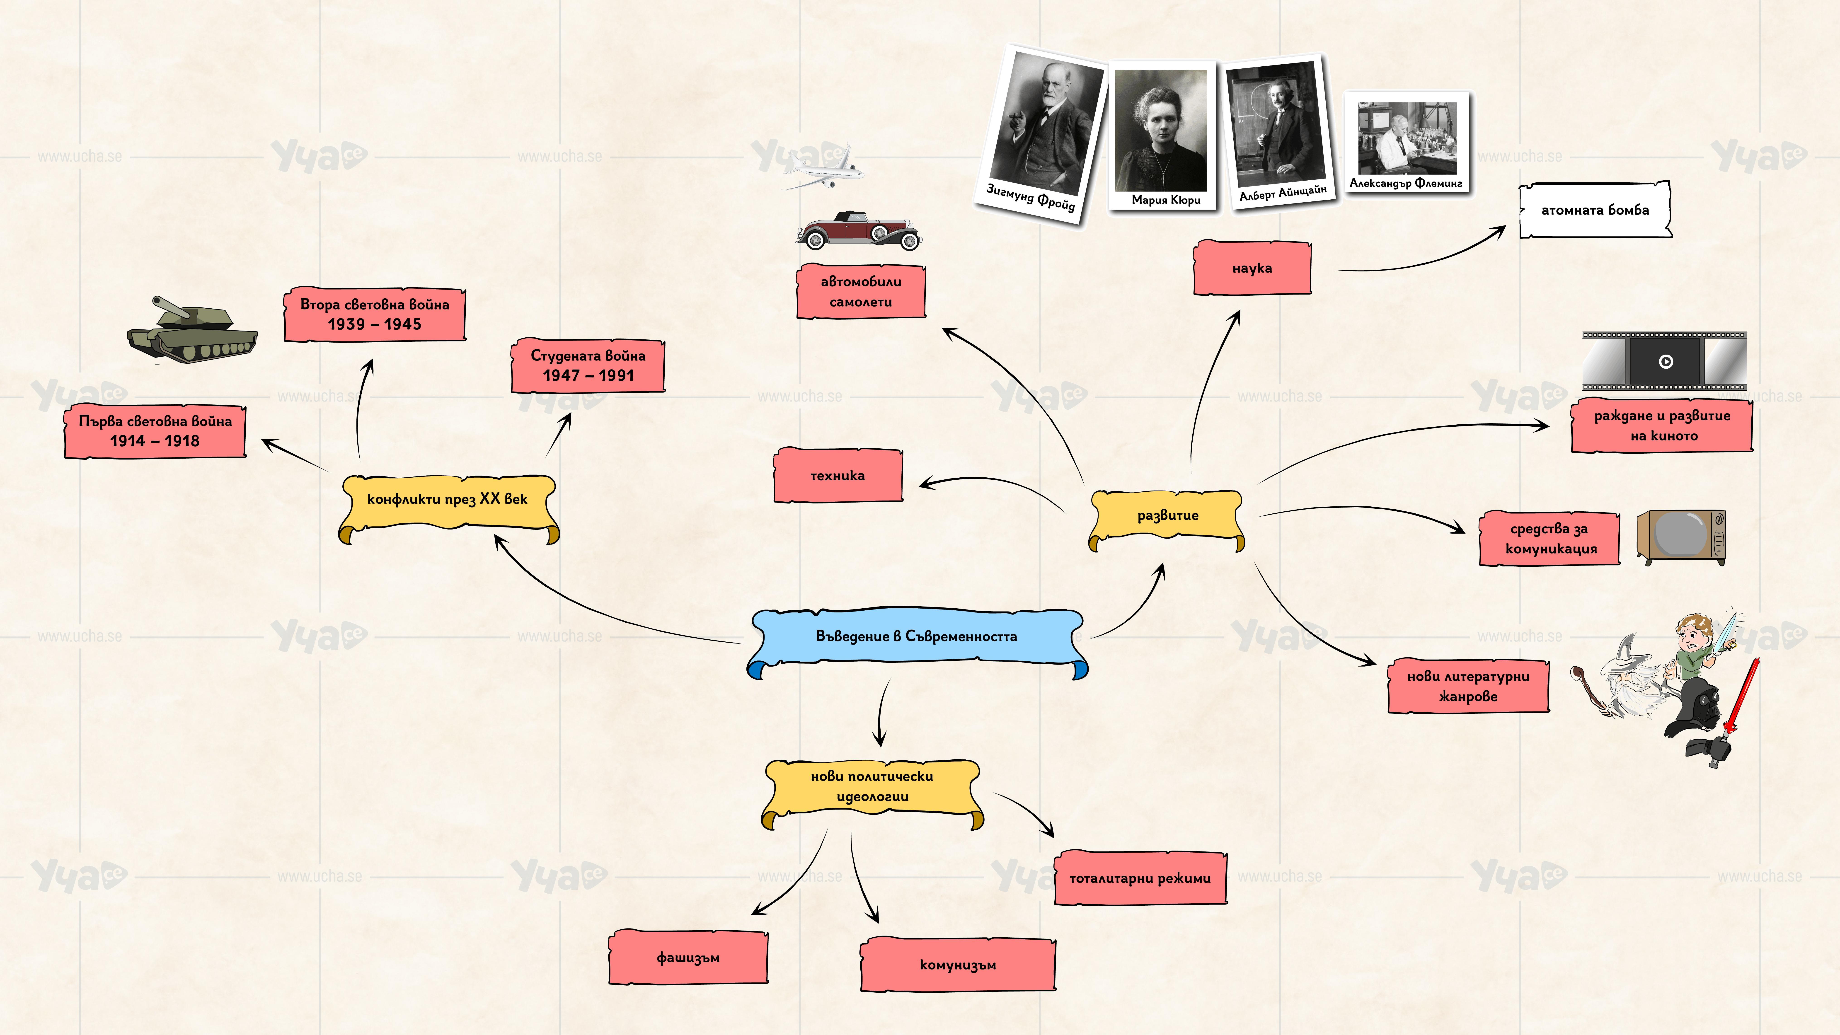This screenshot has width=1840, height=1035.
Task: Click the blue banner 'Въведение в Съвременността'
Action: (x=916, y=636)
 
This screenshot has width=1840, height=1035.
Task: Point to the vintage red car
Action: (x=859, y=230)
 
